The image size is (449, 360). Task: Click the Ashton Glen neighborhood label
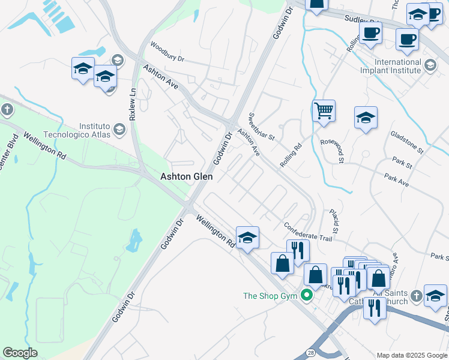point(186,176)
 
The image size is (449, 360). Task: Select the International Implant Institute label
point(397,66)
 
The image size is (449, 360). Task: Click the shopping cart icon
point(324,110)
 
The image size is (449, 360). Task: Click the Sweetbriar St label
point(261,127)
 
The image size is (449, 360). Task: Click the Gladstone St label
point(407,142)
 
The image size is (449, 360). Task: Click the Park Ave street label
point(396,180)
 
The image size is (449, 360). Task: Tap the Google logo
point(20,353)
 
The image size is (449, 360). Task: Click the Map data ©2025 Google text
point(412,355)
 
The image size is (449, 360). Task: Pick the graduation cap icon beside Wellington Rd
point(247,238)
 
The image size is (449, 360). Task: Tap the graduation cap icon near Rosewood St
point(366,118)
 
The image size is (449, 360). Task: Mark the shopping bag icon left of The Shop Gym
point(282,263)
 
